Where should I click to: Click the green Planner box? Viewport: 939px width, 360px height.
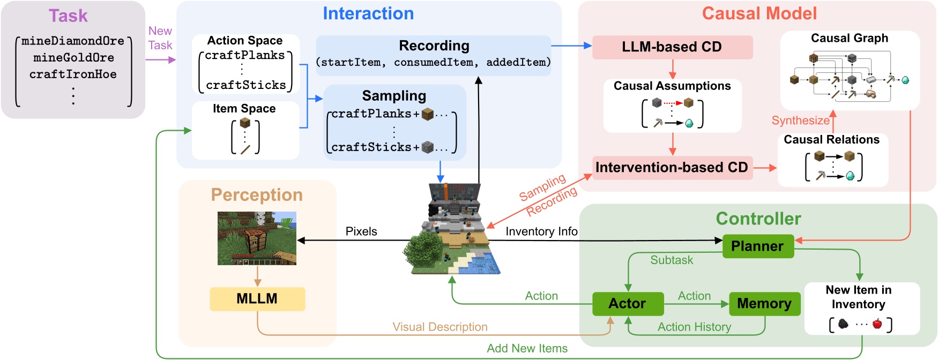[x=758, y=246]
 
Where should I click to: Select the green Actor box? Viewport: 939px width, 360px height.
[x=628, y=304]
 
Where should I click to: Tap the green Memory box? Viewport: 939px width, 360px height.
[x=764, y=304]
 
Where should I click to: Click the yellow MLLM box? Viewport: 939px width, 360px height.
[x=257, y=299]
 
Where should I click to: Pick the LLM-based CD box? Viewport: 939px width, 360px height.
[x=672, y=47]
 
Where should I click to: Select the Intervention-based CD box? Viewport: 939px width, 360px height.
[x=672, y=168]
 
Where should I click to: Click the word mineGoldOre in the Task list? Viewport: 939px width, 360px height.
[x=73, y=57]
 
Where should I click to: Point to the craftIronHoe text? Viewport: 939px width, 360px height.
[x=73, y=74]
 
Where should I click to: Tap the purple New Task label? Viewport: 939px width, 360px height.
[x=160, y=38]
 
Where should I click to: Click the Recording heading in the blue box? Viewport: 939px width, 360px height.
[x=434, y=46]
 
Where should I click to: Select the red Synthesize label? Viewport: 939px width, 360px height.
[x=801, y=121]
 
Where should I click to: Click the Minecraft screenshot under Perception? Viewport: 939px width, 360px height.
[x=257, y=238]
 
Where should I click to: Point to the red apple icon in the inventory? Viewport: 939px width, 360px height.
[x=877, y=324]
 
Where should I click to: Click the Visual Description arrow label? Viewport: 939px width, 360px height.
[x=440, y=327]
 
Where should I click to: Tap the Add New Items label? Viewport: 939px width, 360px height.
[x=527, y=348]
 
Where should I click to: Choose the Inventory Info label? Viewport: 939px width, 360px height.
[x=541, y=231]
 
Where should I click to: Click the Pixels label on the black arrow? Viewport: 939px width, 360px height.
[x=361, y=231]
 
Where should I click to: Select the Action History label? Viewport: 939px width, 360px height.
[x=694, y=327]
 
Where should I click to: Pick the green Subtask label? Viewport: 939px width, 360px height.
[x=672, y=260]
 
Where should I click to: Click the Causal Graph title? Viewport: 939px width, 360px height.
[x=849, y=38]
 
